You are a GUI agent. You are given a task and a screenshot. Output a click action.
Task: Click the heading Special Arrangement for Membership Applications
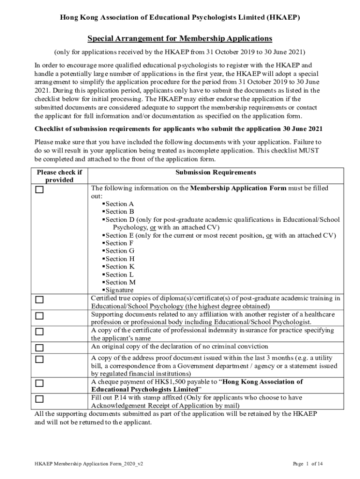[180, 38]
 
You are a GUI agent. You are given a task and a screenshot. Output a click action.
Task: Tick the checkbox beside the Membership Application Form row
[40, 190]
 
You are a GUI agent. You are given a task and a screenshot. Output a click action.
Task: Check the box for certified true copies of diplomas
[40, 300]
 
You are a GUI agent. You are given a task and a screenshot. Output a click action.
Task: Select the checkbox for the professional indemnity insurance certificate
[40, 332]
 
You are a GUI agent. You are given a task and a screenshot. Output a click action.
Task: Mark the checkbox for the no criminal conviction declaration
[40, 348]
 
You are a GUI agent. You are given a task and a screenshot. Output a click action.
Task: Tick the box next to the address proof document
[40, 360]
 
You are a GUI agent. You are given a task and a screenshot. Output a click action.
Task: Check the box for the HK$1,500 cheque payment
[40, 384]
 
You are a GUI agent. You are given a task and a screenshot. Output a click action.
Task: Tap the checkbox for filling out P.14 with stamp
[40, 399]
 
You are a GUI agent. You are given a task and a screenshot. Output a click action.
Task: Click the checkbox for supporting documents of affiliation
[40, 316]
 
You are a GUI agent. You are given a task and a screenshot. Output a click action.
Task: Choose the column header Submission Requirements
[216, 173]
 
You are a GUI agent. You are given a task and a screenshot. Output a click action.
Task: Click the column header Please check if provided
[59, 176]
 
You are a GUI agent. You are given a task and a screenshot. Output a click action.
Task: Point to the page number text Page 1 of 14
[308, 464]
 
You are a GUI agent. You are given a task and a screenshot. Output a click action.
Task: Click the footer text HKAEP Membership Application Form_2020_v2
[89, 464]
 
